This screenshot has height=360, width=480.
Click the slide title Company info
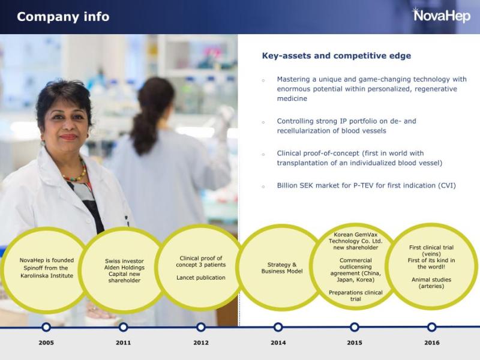pos(63,17)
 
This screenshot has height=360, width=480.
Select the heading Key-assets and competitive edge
pos(336,56)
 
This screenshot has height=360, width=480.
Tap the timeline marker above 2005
pos(46,327)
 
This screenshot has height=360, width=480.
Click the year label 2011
pos(124,343)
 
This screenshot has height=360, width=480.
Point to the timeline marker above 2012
pos(201,327)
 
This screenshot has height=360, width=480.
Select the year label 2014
pos(278,343)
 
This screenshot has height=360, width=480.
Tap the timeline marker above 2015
pos(355,327)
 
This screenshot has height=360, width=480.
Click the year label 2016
pos(431,343)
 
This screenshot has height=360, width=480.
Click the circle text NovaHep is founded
pos(47,261)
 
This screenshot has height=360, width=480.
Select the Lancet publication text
pos(201,278)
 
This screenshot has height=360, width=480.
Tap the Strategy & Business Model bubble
pos(278,268)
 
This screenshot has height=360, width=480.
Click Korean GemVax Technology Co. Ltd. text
pos(355,241)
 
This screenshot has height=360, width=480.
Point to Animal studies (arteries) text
pos(431,283)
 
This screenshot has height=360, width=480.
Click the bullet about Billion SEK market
pos(366,185)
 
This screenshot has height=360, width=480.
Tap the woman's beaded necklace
pos(75,176)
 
